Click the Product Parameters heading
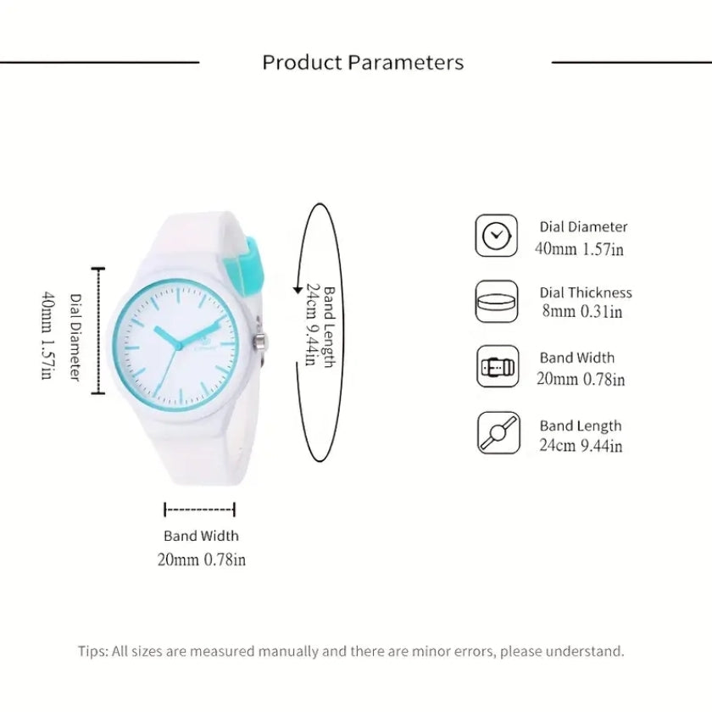click(x=363, y=63)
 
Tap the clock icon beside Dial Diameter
click(x=495, y=236)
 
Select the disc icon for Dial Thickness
click(x=495, y=301)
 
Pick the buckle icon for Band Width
click(x=495, y=366)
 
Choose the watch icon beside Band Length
click(x=495, y=432)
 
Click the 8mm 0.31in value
click(x=582, y=311)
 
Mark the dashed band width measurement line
click(x=200, y=509)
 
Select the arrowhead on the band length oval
click(x=296, y=290)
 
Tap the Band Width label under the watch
click(x=201, y=536)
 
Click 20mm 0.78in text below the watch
click(x=201, y=559)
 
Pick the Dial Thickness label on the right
click(x=586, y=292)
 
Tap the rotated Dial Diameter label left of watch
click(x=75, y=337)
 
